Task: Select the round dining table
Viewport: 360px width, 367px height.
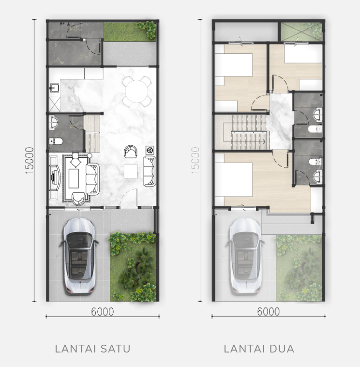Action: point(136,92)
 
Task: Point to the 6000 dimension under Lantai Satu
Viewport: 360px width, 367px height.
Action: point(103,312)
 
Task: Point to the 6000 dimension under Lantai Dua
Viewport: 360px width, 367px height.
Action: point(268,312)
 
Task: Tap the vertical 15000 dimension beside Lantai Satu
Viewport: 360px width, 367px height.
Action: point(30,160)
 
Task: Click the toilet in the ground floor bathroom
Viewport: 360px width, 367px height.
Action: point(56,141)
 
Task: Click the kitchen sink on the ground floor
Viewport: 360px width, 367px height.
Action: point(54,88)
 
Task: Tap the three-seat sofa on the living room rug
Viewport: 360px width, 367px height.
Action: point(92,179)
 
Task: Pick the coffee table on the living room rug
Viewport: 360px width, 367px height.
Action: point(74,178)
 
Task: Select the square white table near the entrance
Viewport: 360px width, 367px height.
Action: point(131,171)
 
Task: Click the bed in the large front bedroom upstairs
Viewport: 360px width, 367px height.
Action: point(233,180)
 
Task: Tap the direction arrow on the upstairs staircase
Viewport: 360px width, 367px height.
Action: point(264,141)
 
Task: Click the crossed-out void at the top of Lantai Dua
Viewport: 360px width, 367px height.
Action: point(301,32)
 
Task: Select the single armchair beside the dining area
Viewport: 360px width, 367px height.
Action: point(130,152)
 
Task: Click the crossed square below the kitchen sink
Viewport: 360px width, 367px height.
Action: point(55,105)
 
